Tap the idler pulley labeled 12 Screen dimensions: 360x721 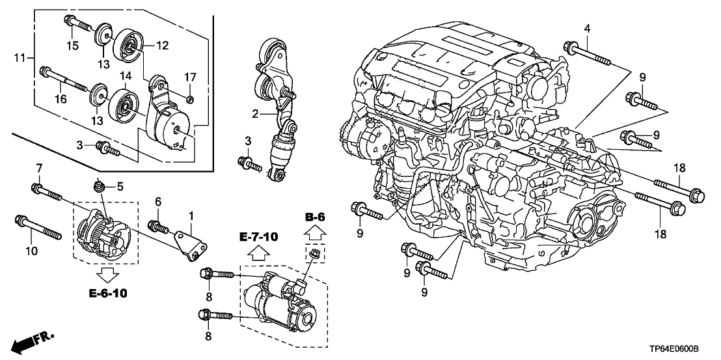coord(126,46)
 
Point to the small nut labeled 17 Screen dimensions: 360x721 coord(189,99)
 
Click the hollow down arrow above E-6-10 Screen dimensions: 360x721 coord(107,272)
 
